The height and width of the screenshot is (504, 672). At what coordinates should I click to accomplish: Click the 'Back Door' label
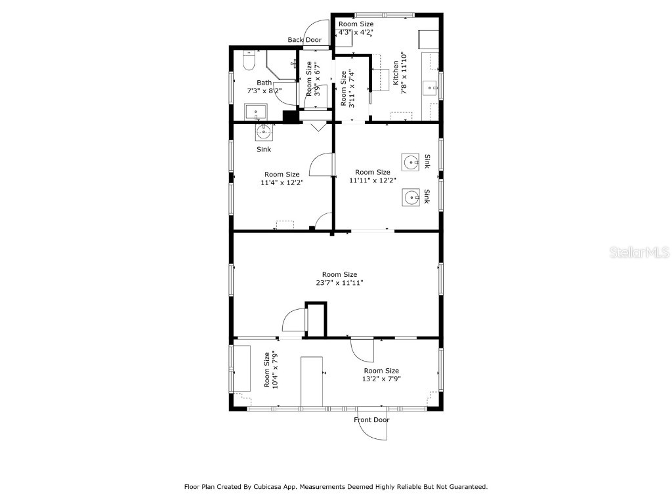click(304, 40)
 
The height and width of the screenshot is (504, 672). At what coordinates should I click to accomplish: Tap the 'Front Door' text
click(371, 420)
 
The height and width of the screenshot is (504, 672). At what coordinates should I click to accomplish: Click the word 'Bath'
click(264, 83)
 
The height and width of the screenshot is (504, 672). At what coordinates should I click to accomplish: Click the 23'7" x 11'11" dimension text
click(339, 283)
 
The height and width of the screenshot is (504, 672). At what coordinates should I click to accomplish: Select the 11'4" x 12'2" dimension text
click(282, 183)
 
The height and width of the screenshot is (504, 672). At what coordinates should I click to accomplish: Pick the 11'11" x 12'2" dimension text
click(373, 180)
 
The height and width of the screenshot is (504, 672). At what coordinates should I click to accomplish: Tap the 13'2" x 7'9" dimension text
click(381, 379)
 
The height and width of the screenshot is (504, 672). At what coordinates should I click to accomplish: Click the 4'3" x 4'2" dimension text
click(355, 32)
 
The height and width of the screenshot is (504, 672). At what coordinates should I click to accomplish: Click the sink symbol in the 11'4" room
click(264, 133)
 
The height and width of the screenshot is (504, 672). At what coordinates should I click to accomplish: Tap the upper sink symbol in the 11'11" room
click(411, 161)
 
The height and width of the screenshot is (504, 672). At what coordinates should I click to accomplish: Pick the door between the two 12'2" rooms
click(322, 165)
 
